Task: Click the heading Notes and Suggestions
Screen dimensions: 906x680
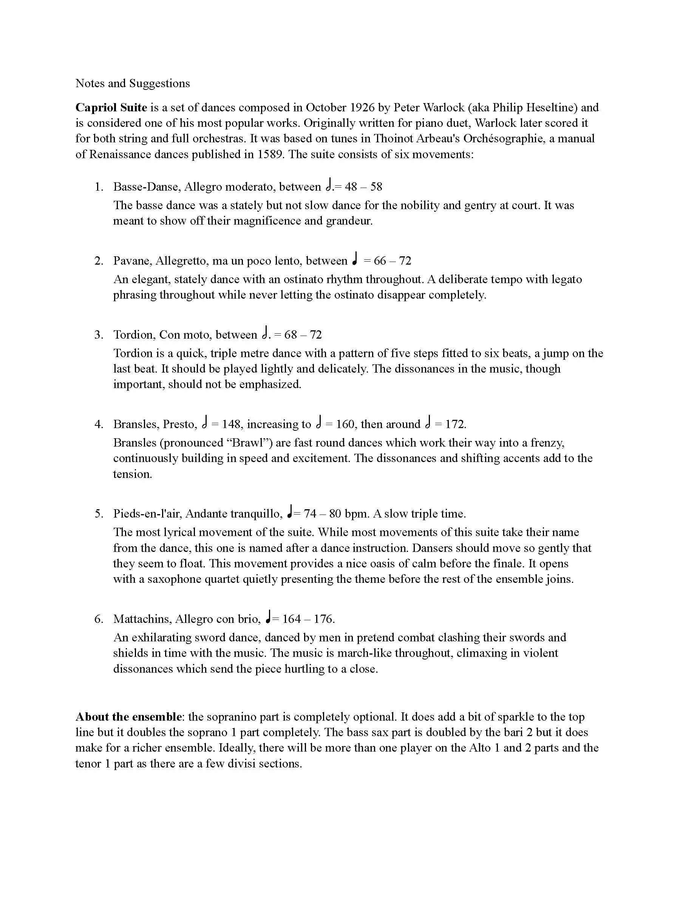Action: click(132, 83)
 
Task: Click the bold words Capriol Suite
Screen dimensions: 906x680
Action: click(111, 107)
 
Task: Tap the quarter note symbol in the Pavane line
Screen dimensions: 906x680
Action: click(355, 259)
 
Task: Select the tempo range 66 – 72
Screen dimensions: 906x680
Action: click(392, 261)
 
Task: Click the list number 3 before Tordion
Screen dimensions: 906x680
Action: click(98, 335)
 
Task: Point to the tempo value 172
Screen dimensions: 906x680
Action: click(455, 424)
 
